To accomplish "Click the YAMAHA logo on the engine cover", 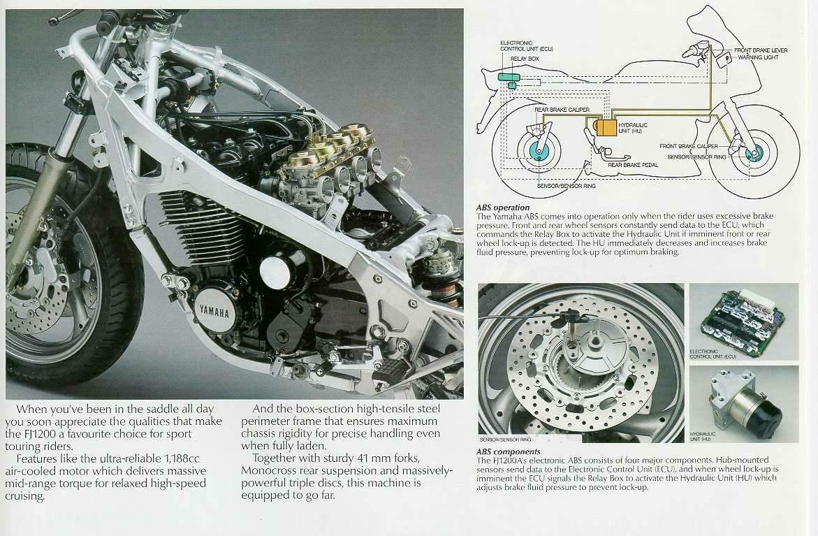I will (214, 310).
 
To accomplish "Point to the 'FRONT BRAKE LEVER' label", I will (761, 50).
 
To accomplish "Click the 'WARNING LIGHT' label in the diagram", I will (759, 57).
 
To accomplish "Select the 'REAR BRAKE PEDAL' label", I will (634, 165).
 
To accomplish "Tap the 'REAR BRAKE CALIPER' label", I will (562, 110).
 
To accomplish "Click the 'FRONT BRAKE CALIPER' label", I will (688, 146).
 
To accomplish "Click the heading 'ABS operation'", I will (503, 208).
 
